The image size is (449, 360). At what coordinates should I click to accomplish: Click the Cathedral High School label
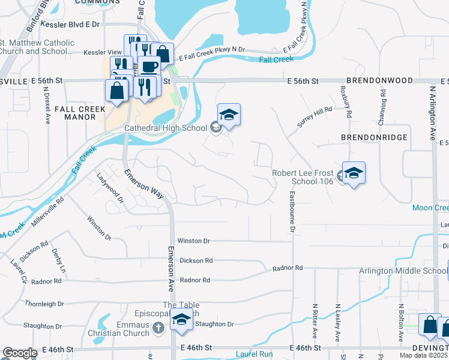(165, 128)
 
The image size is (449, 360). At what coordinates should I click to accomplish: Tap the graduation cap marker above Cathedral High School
(229, 115)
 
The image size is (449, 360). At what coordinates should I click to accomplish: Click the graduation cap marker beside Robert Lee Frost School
(354, 173)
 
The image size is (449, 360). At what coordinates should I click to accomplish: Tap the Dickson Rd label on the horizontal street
(196, 260)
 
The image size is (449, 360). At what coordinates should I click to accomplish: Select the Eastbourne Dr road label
(293, 212)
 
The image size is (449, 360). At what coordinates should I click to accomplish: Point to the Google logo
(20, 353)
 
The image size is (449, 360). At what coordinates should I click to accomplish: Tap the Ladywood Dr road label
(109, 187)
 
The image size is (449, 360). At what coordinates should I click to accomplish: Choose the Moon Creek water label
(430, 208)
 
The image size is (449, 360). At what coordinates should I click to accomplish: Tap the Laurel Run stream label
(255, 354)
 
